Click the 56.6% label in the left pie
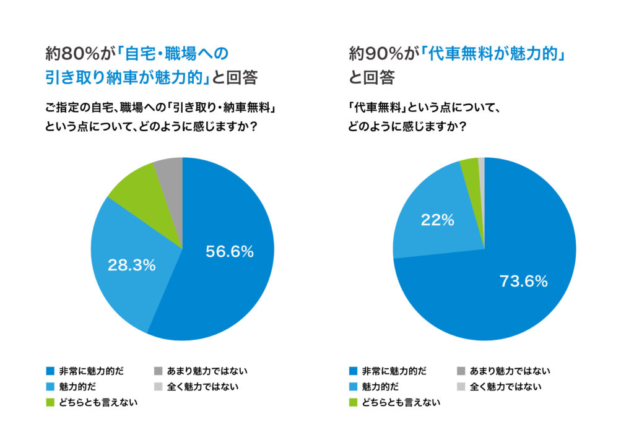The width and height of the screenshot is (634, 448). click(229, 252)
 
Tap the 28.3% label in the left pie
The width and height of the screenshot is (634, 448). click(132, 265)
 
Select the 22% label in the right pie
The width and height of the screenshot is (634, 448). click(438, 219)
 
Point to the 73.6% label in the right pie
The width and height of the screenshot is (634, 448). click(524, 282)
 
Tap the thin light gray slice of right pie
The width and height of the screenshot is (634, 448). click(481, 163)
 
